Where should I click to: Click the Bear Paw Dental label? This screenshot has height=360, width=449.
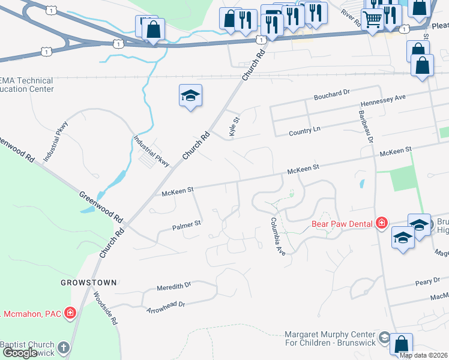(x=343, y=225)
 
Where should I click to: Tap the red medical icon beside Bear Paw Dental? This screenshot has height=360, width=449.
(x=381, y=224)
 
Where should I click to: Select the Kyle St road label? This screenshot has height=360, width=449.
(x=235, y=127)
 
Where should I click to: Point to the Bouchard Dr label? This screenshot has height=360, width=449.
(x=331, y=95)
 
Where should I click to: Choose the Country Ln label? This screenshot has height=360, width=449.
(x=304, y=131)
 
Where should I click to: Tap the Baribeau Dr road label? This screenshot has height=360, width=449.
(x=366, y=127)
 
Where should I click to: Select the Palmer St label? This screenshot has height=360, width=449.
(x=186, y=226)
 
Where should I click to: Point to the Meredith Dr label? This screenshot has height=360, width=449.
(x=173, y=286)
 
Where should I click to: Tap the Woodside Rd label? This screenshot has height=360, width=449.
(x=106, y=308)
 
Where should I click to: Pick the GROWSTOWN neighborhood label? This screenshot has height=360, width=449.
(x=88, y=281)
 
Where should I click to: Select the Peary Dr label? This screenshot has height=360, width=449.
(x=427, y=282)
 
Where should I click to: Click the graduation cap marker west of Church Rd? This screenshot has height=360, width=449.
(x=190, y=96)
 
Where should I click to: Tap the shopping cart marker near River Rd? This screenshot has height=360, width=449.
(x=373, y=21)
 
